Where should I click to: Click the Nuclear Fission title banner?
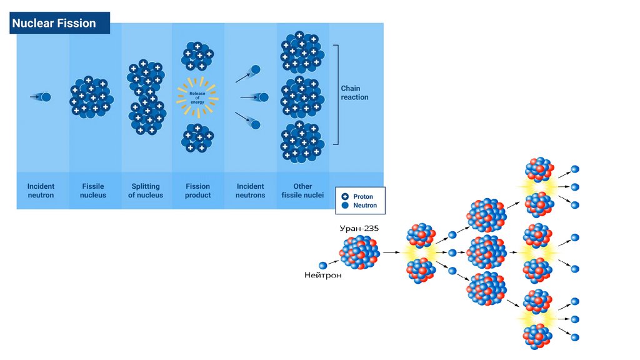coord(60,24)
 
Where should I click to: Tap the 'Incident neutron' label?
coord(41,191)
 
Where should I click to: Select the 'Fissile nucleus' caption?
coord(93,191)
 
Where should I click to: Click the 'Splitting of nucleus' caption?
coord(146,191)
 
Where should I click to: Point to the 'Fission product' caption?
coord(198,191)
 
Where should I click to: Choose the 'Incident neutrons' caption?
coord(251,191)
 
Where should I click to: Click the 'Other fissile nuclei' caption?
coord(302,191)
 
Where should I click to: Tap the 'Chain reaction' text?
coord(354,93)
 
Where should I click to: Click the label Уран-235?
coord(359,229)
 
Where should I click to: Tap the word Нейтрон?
coord(322,276)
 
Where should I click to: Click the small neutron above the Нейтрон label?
coord(323,265)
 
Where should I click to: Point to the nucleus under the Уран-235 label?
coord(359,252)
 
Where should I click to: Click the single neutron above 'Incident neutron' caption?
coord(45,97)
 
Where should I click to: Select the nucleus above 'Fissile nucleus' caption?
coord(91,97)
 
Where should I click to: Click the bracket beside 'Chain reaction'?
coord(336,94)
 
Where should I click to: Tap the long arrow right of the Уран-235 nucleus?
coord(391,252)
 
